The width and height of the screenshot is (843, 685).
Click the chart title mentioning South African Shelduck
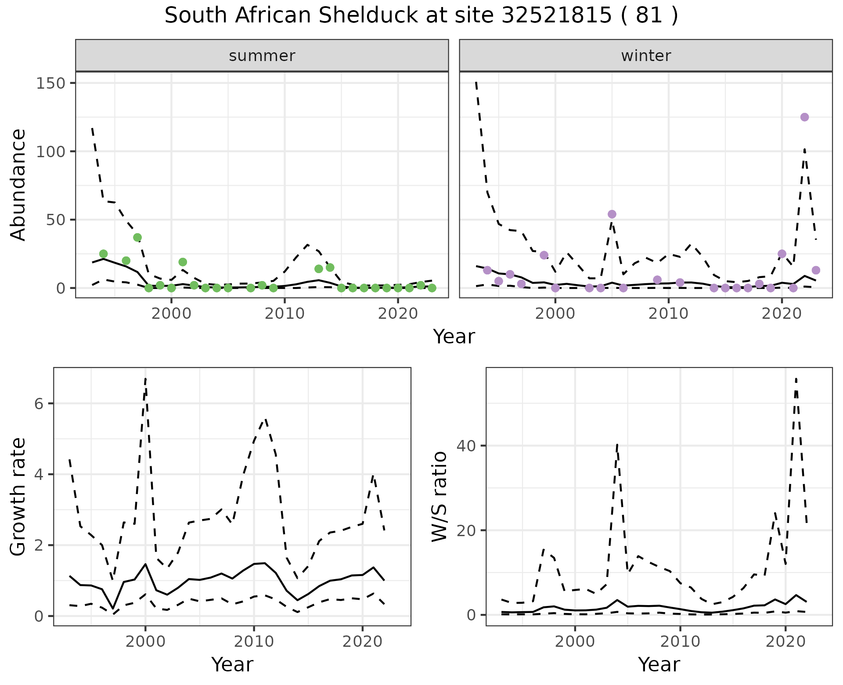tap(421, 16)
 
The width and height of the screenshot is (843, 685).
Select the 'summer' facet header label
tap(262, 56)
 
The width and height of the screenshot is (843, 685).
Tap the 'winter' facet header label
tap(646, 56)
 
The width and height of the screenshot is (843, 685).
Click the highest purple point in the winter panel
tap(804, 117)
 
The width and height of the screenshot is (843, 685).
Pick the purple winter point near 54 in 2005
tap(612, 214)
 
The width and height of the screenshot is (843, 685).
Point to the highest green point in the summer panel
tap(137, 238)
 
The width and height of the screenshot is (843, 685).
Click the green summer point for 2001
tap(183, 262)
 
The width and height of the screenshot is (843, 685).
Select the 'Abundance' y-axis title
tap(18, 184)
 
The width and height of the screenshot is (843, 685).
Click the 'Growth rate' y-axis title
tap(18, 496)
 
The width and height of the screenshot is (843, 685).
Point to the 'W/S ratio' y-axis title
tap(439, 496)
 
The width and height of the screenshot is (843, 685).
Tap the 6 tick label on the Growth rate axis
tap(39, 404)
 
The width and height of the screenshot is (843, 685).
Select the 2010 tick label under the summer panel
tap(285, 314)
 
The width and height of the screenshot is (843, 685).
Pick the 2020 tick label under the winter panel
tap(782, 314)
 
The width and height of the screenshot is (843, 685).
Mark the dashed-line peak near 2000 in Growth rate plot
tap(145, 379)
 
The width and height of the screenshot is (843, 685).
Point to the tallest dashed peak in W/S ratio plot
tap(796, 379)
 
